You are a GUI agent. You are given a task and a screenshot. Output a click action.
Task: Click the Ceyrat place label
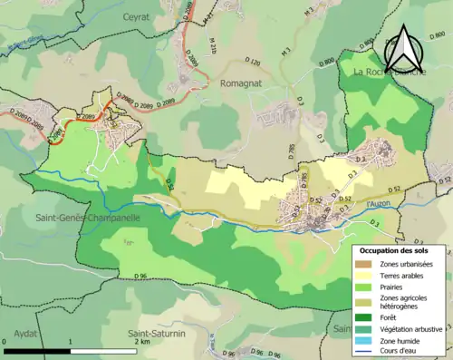pyautogui.click(x=137, y=16)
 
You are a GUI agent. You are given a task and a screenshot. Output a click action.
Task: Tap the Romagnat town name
pyautogui.click(x=240, y=82)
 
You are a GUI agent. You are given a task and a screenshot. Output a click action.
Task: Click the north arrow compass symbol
pyautogui.click(x=403, y=47)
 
